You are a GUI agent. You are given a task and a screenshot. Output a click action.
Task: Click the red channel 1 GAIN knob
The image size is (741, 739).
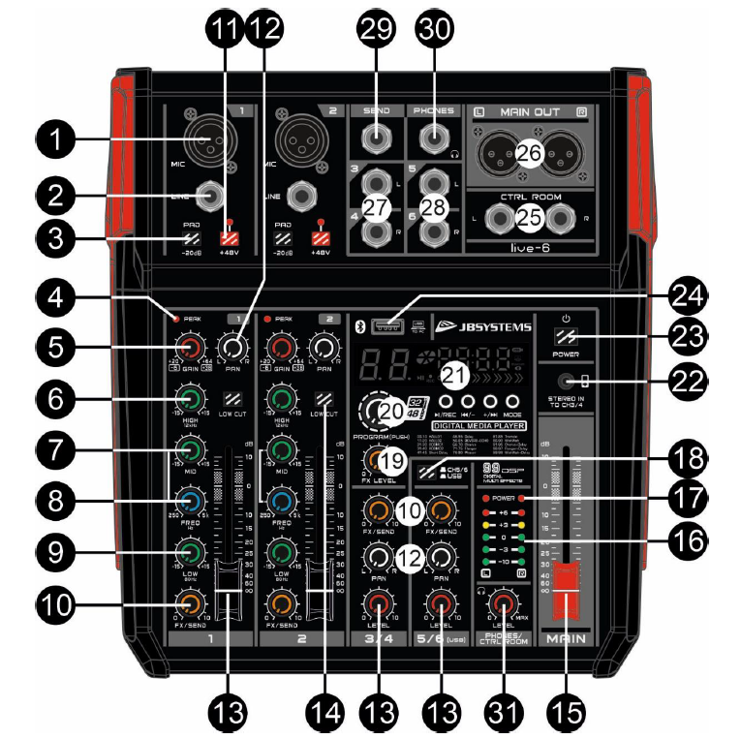pyautogui.click(x=188, y=349)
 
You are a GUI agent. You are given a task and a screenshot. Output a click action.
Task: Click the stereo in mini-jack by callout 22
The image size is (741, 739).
pyautogui.click(x=580, y=382)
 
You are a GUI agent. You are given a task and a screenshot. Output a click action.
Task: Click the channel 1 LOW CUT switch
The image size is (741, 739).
pyautogui.click(x=232, y=399)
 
